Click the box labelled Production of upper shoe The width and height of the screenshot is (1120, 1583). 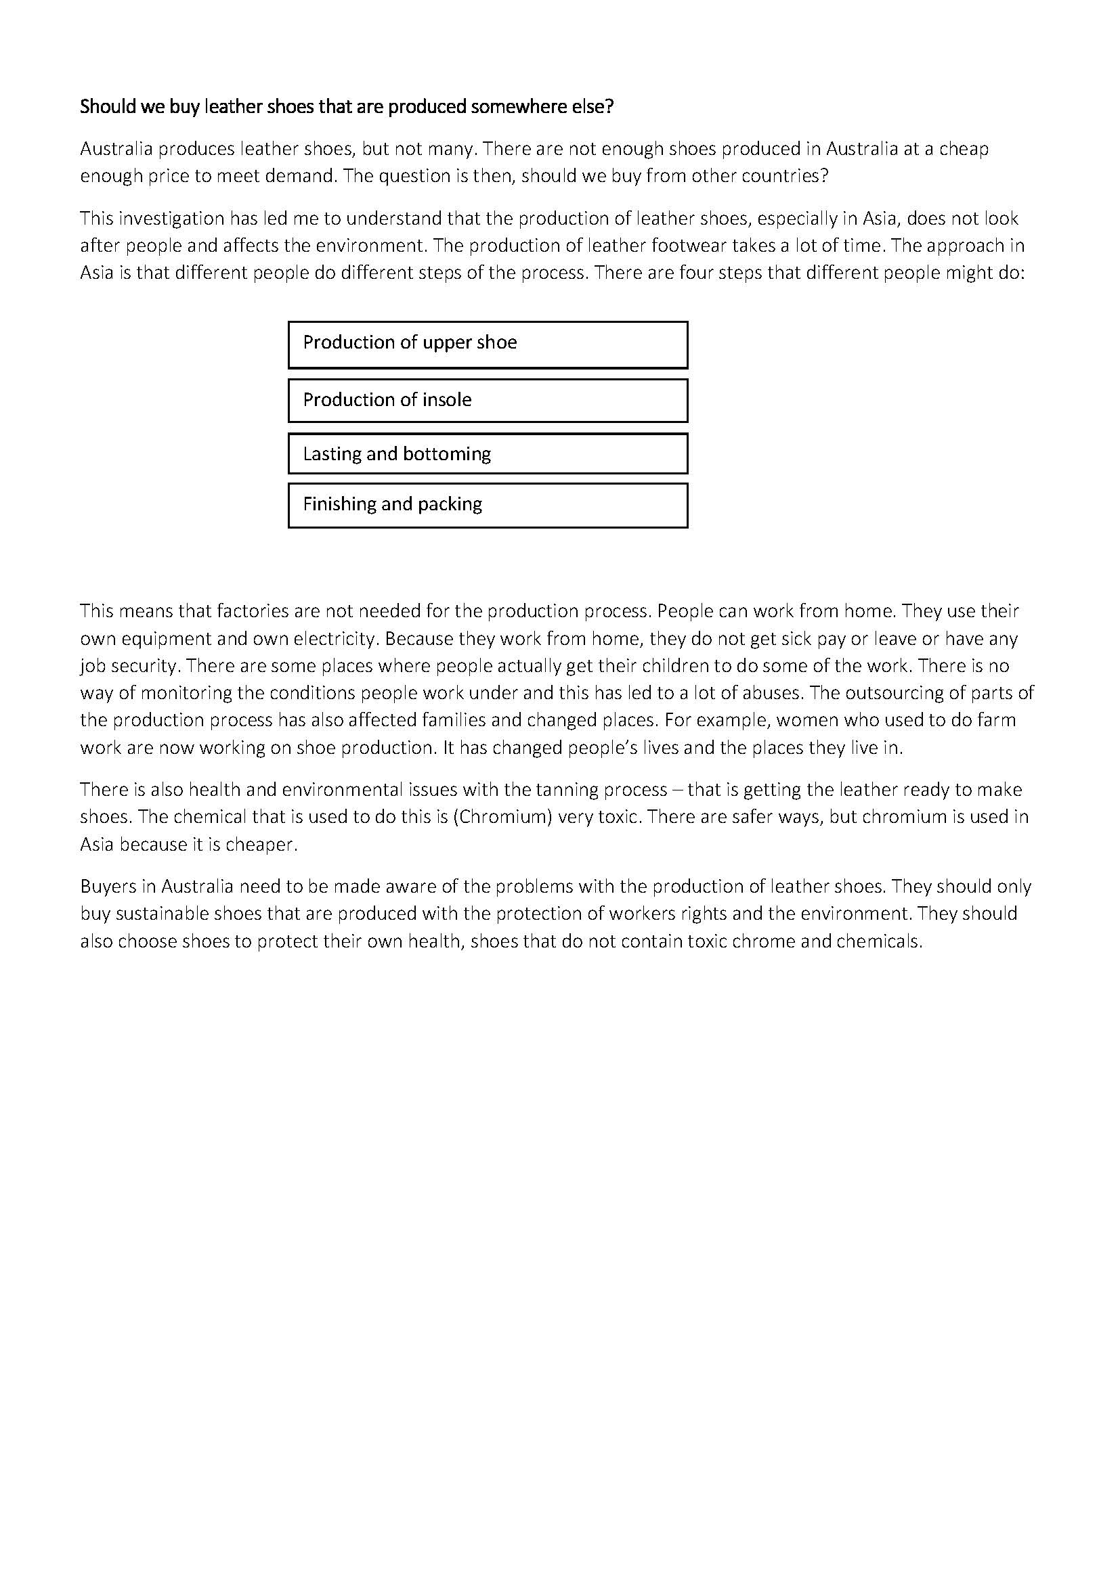[x=488, y=344]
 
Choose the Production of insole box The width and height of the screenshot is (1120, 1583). [x=488, y=401]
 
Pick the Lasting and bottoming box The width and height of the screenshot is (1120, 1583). [x=488, y=453]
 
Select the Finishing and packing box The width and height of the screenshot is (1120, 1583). [x=488, y=506]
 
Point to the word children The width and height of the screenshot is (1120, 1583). [x=678, y=666]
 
